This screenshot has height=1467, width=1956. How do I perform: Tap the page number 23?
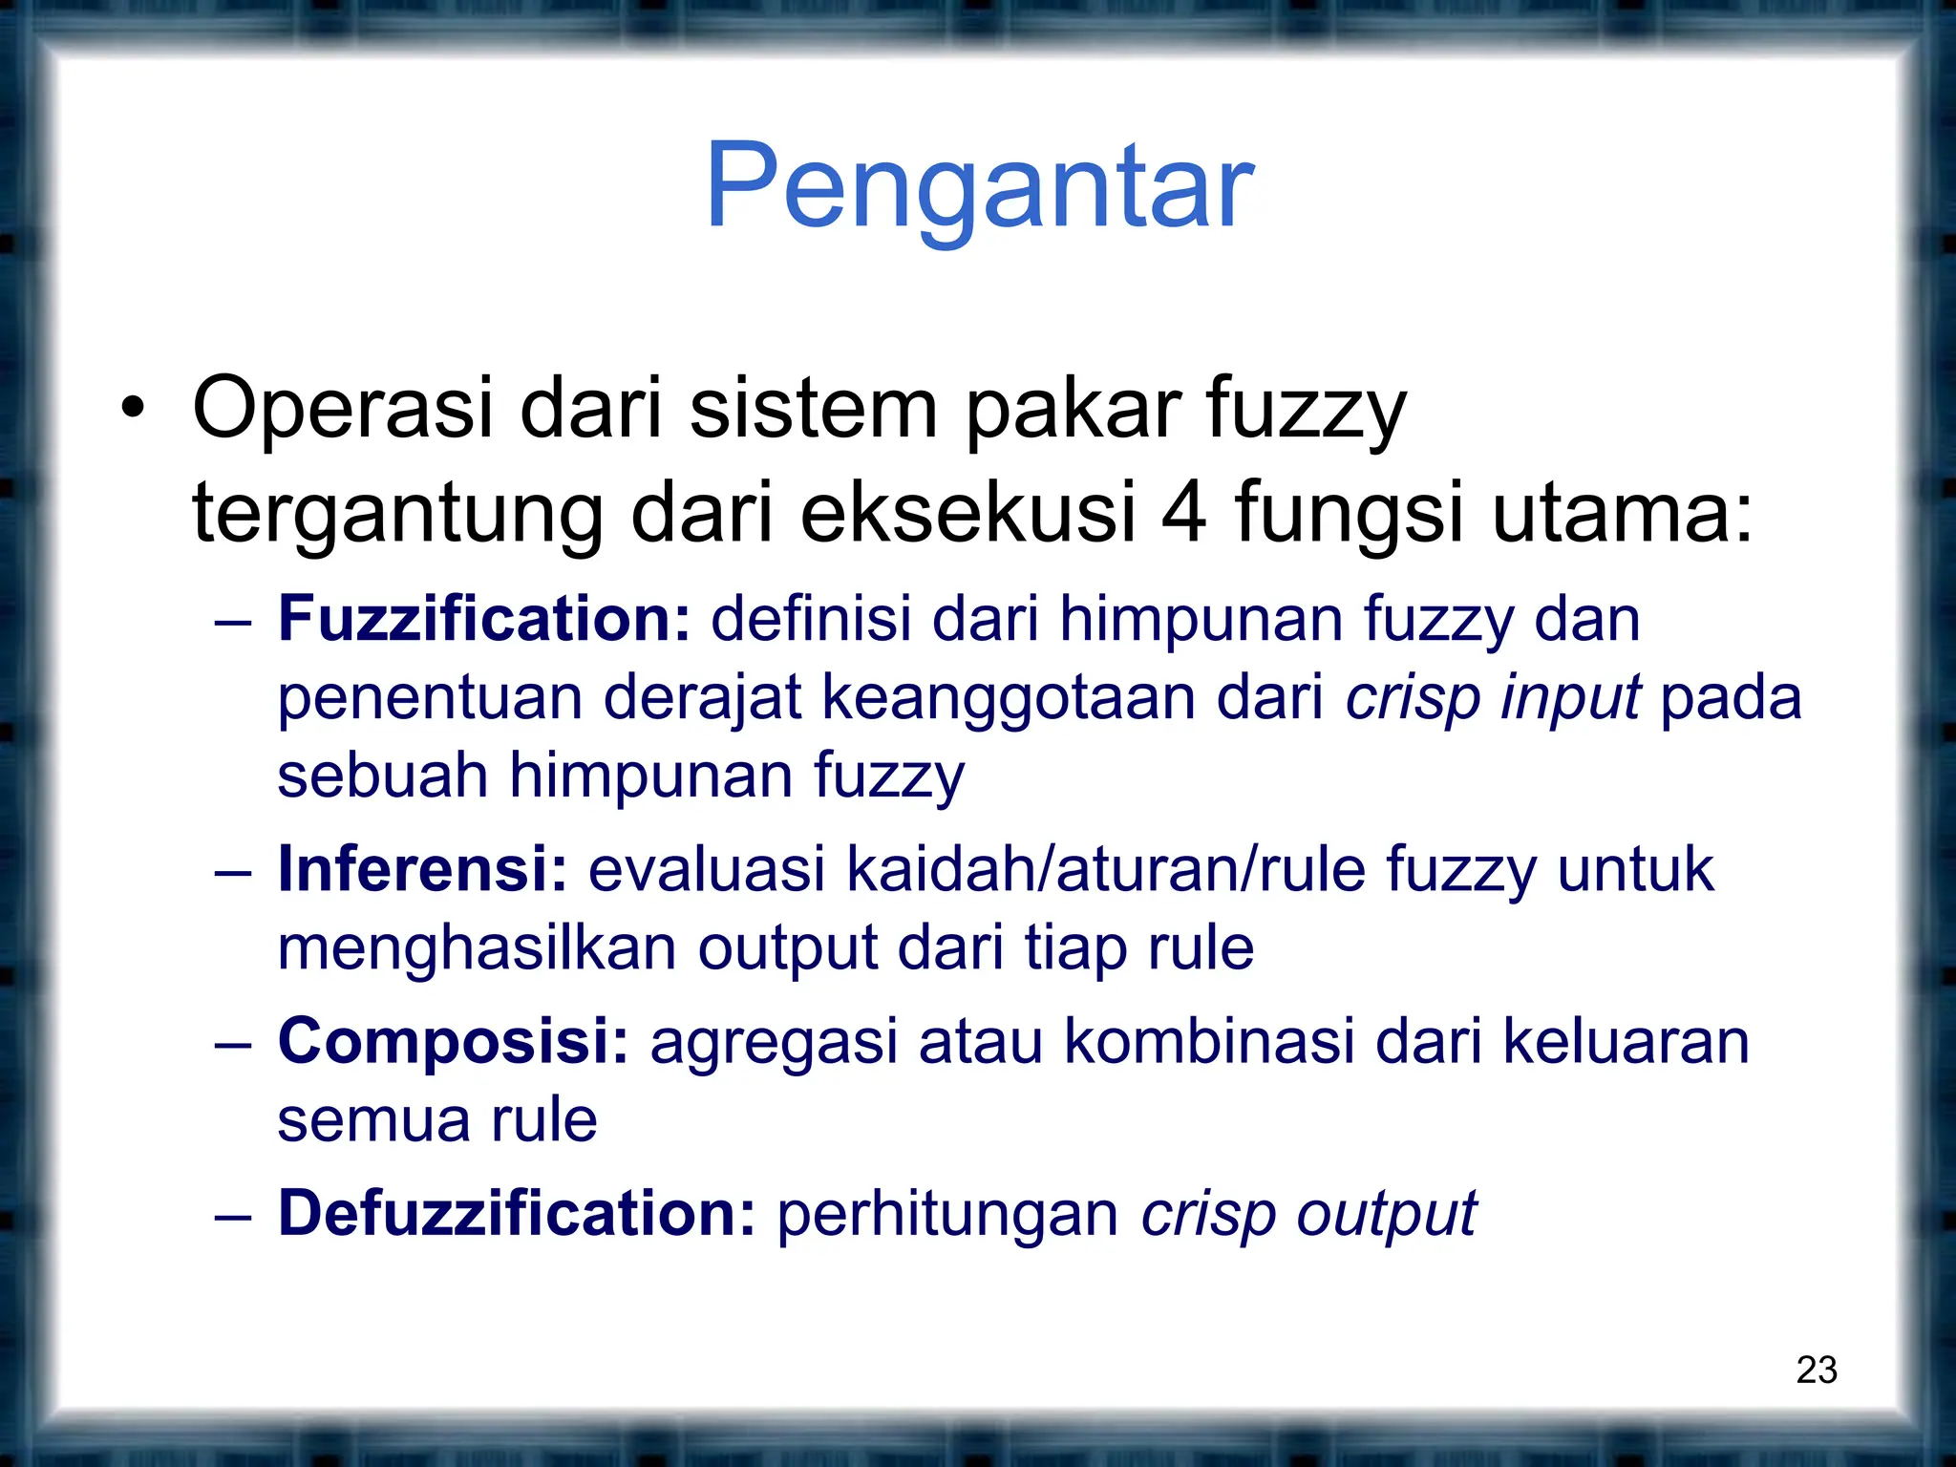[x=1817, y=1370]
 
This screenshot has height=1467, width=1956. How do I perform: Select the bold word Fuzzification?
[x=483, y=619]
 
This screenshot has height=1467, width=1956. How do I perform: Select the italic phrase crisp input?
[x=1494, y=698]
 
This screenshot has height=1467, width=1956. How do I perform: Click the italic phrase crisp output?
[x=1309, y=1215]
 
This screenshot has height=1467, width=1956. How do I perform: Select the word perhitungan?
[x=947, y=1215]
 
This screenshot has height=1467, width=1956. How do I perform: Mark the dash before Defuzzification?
[x=233, y=1217]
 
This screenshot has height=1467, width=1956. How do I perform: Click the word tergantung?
[x=397, y=514]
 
